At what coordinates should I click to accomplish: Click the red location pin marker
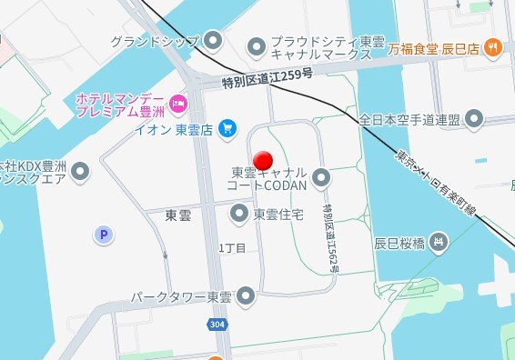pos(262,158)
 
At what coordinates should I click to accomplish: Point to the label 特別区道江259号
pos(268,81)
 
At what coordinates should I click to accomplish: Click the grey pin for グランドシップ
pos(214,40)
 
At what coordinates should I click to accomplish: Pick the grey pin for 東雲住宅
pos(240,215)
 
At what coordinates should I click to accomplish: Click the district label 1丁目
pos(232,247)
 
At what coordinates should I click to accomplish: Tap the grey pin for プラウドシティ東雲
pos(257,44)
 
